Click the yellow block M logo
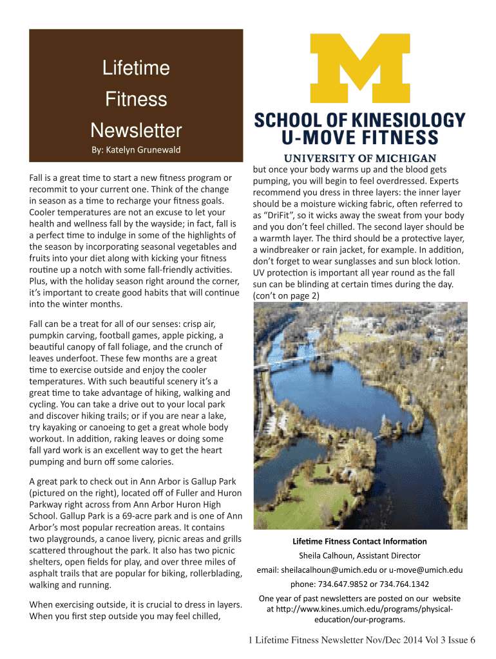click(361, 71)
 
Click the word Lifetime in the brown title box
click(136, 68)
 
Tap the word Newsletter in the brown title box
click(136, 131)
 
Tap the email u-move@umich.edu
click(426, 570)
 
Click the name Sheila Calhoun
click(327, 555)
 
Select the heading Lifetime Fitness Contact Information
click(359, 541)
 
